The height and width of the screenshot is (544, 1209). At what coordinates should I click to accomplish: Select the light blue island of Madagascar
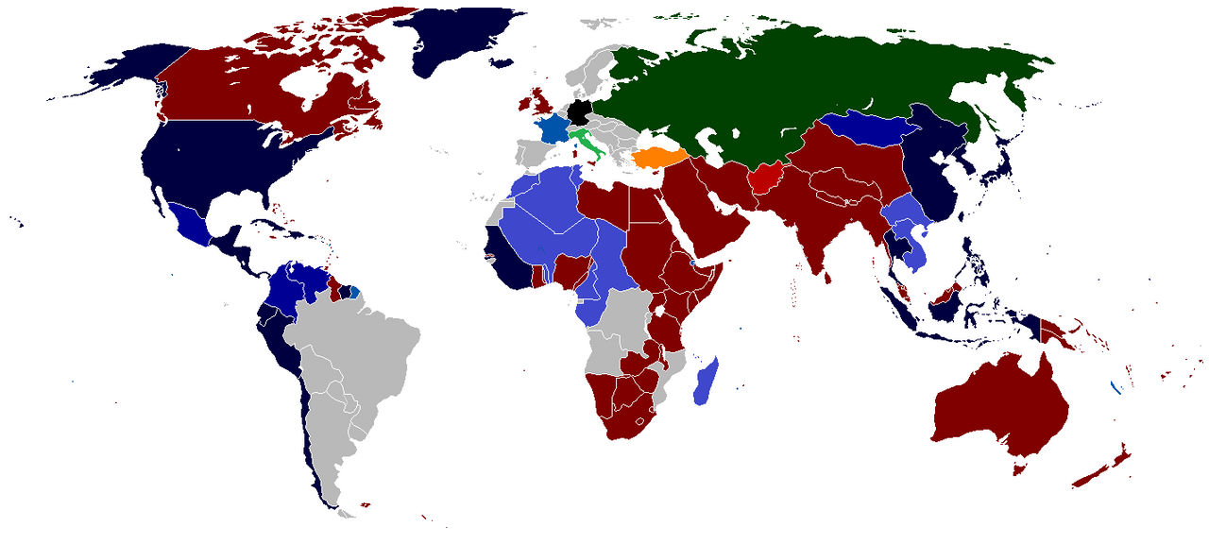click(x=706, y=382)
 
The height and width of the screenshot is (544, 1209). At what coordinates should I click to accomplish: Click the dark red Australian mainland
click(x=1001, y=406)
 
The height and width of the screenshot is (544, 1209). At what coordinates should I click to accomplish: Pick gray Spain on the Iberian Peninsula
click(x=535, y=152)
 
